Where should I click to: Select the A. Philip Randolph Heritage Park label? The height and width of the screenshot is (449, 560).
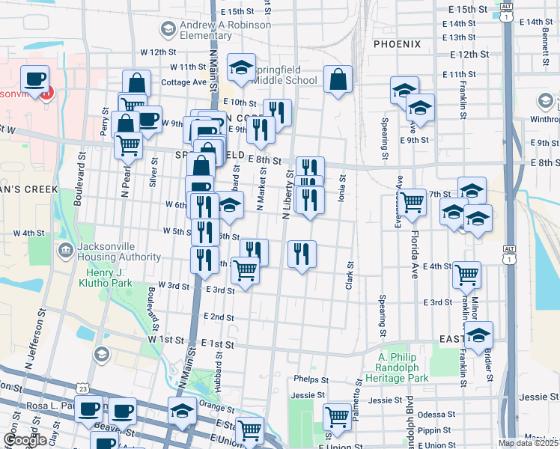tap(404, 373)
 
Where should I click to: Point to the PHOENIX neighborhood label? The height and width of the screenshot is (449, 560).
tap(397, 44)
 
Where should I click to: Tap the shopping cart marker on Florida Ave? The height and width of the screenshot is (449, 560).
tap(412, 202)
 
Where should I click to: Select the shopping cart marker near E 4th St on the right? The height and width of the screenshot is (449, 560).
tap(466, 275)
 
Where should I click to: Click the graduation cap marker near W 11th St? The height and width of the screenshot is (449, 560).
tap(242, 68)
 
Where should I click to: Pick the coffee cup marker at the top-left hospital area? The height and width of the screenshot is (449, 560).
tap(35, 79)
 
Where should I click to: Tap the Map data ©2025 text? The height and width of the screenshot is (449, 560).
tap(529, 443)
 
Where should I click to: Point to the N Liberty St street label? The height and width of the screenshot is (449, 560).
tap(287, 195)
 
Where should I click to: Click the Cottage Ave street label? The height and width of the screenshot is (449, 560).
tap(184, 82)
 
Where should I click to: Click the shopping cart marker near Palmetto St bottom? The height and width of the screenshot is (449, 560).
tap(338, 417)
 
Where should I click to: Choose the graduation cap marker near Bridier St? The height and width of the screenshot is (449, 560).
tap(479, 334)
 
